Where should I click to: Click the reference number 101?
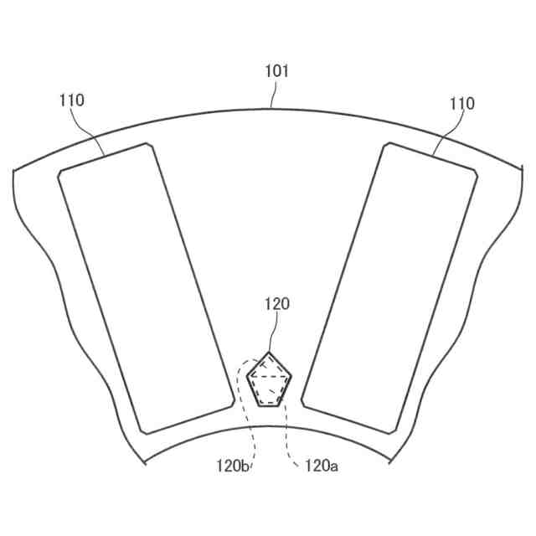point(277,71)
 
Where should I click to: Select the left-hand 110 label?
point(72,100)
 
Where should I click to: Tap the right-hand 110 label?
point(461,103)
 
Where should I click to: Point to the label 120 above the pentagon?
point(277,304)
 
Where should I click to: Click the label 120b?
point(233,466)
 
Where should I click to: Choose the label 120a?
point(322,466)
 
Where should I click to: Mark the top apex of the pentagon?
point(269,352)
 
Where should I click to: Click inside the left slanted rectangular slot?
point(146,289)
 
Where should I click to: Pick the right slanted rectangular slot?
point(389,288)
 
